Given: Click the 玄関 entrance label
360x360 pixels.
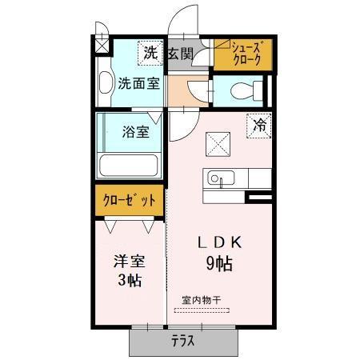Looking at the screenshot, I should tap(181, 54).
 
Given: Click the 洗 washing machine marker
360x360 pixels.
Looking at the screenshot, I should tap(151, 54).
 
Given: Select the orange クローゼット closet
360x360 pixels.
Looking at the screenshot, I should tap(128, 200).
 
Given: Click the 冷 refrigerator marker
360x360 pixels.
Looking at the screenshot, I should tap(259, 126).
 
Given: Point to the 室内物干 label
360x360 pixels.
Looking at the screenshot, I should tap(201, 300).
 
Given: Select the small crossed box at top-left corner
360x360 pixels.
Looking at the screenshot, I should tap(102, 45).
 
